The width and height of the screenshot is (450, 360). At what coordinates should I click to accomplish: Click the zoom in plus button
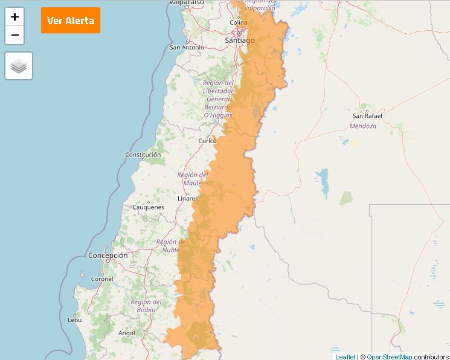coord(14,17)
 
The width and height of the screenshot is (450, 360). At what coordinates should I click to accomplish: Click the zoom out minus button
coord(14,35)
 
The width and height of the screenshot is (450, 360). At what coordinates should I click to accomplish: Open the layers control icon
coord(19,66)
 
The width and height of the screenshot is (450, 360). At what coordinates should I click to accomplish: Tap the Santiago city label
coord(239,40)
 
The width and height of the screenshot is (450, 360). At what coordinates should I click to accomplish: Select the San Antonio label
coord(187,47)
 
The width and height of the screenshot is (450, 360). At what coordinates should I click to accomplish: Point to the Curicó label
coord(207,141)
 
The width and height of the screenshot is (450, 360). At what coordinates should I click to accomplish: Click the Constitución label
coord(143,155)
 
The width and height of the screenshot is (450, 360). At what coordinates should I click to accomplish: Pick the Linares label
coord(188,198)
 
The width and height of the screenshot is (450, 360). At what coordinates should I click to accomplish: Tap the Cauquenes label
coord(148,207)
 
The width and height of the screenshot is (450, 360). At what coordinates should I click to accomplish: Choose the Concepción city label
coord(108,256)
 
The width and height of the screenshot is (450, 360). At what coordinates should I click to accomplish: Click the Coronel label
coord(102,279)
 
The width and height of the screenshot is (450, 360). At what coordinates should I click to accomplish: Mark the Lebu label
coord(75,320)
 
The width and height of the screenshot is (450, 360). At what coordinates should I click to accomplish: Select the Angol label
coord(127,333)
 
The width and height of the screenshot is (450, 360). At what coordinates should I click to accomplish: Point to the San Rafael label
coord(367,115)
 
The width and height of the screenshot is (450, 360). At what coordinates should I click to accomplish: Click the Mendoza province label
coord(363,126)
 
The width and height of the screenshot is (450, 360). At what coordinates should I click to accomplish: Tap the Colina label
coord(239,22)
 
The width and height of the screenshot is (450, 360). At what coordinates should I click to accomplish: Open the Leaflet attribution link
coord(345,356)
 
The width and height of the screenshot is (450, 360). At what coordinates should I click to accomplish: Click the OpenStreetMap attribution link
coord(389,356)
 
